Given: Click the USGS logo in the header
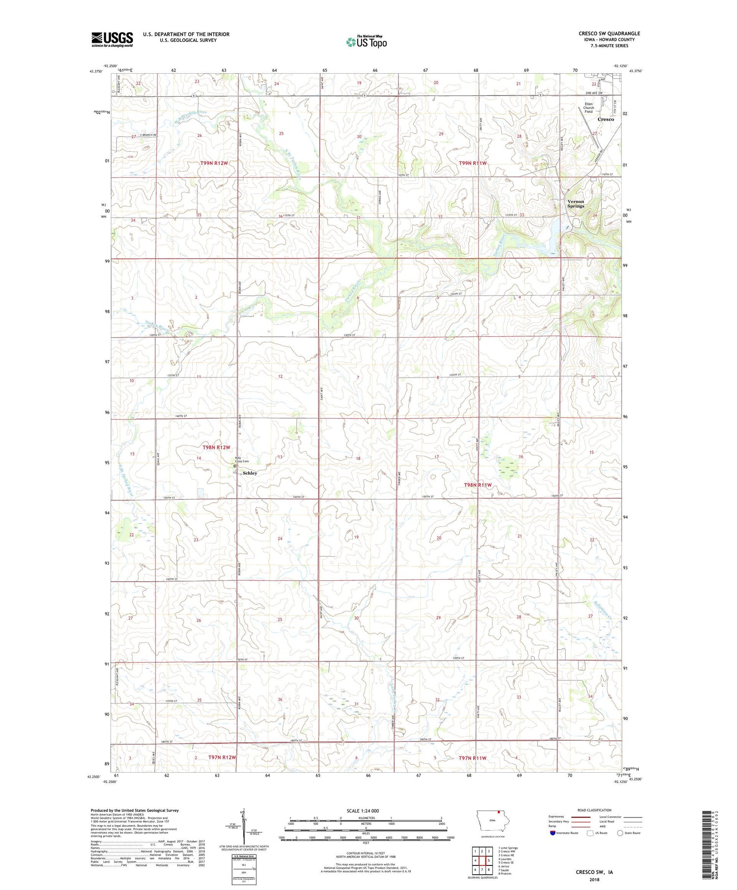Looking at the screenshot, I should pyautogui.click(x=112, y=39).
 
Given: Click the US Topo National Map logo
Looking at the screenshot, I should pyautogui.click(x=366, y=42).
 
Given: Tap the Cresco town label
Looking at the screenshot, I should pyautogui.click(x=605, y=119).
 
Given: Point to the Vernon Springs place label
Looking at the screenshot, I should pyautogui.click(x=575, y=204).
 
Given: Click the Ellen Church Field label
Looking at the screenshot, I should pyautogui.click(x=588, y=108).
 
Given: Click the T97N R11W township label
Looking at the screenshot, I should pyautogui.click(x=472, y=758).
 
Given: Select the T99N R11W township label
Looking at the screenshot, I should pyautogui.click(x=472, y=163).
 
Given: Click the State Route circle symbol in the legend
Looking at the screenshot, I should pyautogui.click(x=620, y=833).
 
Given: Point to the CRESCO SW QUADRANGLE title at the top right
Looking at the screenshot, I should pyautogui.click(x=609, y=33).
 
